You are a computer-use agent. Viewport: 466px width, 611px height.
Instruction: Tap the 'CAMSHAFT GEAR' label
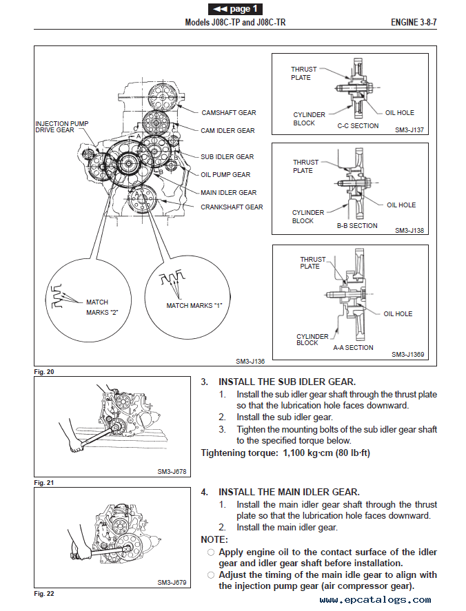(x=228, y=112)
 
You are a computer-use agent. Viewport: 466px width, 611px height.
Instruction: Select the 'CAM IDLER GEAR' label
(x=227, y=130)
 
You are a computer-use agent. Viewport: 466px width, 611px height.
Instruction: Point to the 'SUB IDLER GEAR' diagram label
(x=227, y=156)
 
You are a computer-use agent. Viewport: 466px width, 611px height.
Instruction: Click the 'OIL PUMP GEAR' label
(x=225, y=174)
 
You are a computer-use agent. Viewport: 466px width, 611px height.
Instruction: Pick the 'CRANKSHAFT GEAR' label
(x=232, y=207)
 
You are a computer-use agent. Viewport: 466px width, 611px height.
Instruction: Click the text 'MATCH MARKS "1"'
(x=194, y=305)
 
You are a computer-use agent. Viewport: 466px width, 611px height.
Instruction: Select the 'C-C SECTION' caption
(x=358, y=126)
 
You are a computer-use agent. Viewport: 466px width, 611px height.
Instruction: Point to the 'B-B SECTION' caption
(x=357, y=225)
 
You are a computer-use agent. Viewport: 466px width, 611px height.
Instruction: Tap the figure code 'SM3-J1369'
(x=408, y=355)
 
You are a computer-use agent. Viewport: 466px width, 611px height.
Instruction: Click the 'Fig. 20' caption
(x=43, y=372)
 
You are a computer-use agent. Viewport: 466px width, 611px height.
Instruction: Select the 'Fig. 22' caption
(x=43, y=593)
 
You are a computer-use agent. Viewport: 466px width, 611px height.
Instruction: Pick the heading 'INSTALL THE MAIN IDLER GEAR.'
(x=289, y=492)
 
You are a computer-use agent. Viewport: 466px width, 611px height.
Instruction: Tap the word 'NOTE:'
(x=214, y=539)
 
